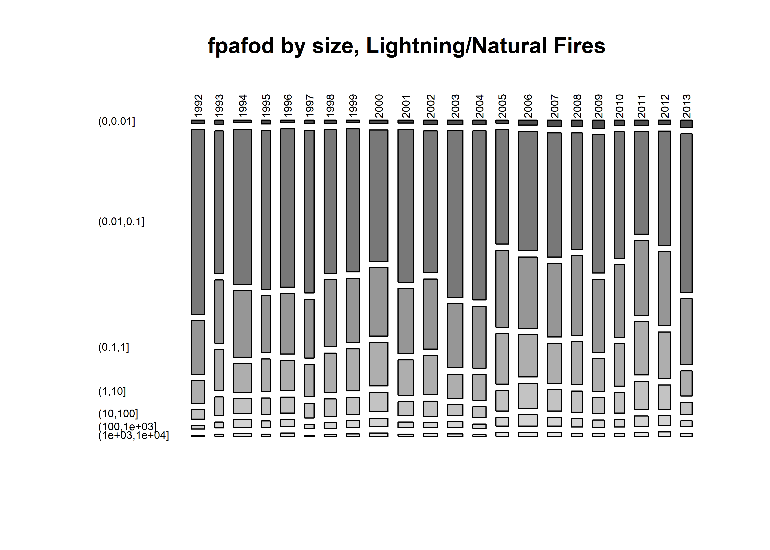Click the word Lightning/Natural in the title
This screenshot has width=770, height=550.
(x=457, y=46)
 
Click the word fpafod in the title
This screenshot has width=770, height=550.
(x=240, y=46)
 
